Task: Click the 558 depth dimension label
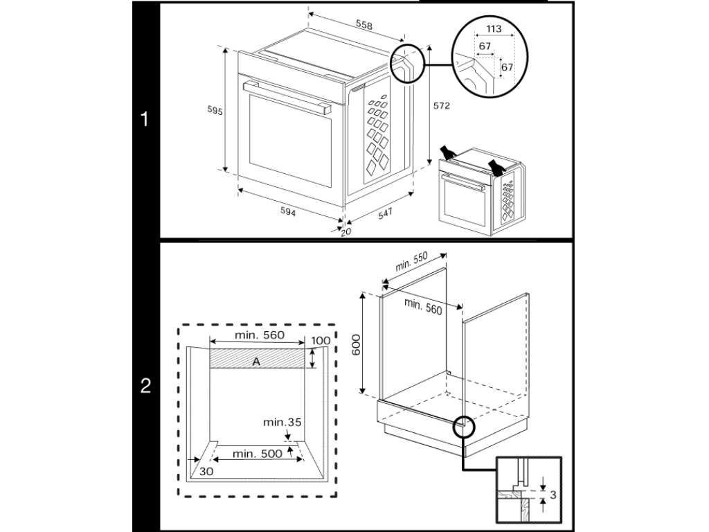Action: click(364, 26)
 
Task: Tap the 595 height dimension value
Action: click(215, 111)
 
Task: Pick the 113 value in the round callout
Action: click(494, 29)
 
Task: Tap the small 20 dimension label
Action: click(346, 232)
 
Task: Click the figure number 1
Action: click(145, 120)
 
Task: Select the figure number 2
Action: click(145, 386)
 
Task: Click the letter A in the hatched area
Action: click(256, 361)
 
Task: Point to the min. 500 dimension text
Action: click(257, 454)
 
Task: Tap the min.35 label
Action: click(282, 422)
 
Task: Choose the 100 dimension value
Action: click(321, 341)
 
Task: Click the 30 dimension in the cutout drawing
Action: click(206, 471)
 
